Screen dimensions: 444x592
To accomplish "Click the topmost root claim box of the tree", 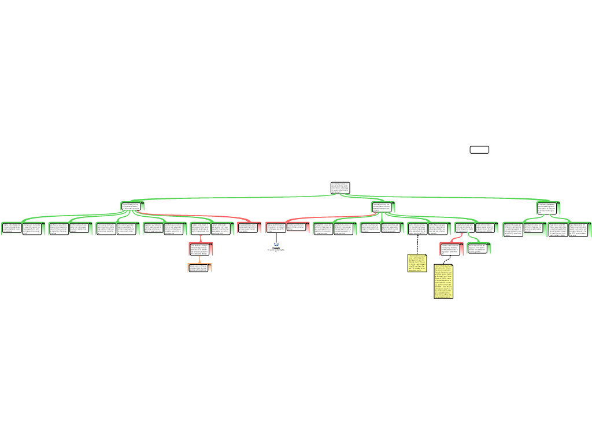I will pyautogui.click(x=340, y=187).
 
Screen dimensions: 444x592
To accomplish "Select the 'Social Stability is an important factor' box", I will pyautogui.click(x=132, y=206).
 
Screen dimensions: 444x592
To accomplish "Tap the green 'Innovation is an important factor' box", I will pyautogui.click(x=383, y=206).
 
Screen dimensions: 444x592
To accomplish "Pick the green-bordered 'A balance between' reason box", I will pyautogui.click(x=546, y=207).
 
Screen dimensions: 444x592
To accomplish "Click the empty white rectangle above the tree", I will pyautogui.click(x=479, y=150).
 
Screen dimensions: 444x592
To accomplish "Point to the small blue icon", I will pyautogui.click(x=276, y=245).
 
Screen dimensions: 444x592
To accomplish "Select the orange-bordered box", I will pyautogui.click(x=199, y=267).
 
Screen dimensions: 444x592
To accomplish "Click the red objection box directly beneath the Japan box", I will pyautogui.click(x=201, y=249).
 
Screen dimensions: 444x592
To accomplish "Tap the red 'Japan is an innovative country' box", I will pyautogui.click(x=450, y=248).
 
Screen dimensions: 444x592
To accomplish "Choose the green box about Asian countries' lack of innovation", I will pyautogui.click(x=478, y=248).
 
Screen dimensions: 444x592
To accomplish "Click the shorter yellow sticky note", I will pyautogui.click(x=417, y=263).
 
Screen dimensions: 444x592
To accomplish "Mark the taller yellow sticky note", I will pyautogui.click(x=443, y=282).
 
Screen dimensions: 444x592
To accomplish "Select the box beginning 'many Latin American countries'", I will pyautogui.click(x=11, y=228).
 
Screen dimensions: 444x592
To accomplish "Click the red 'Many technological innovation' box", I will pyautogui.click(x=276, y=228).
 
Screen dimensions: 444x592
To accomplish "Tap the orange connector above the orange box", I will pyautogui.click(x=200, y=259).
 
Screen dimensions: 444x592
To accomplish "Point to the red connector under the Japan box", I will pyautogui.click(x=201, y=239).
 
